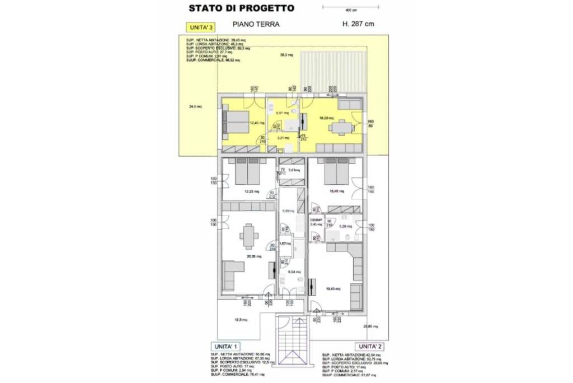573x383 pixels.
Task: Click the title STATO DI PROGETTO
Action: coord(241,8)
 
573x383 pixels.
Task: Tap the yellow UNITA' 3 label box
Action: coord(200,27)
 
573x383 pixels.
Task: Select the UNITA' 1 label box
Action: coord(225,346)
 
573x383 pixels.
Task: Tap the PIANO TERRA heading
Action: coord(256,25)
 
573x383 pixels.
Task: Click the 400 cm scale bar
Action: coord(351,7)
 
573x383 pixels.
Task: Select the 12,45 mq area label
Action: coord(257,123)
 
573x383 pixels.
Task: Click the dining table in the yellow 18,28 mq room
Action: coord(341,128)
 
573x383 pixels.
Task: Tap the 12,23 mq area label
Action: coord(251,191)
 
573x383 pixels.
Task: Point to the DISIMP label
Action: coord(316,220)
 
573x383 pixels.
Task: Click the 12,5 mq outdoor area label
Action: coord(241,320)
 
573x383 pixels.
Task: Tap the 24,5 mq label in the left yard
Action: coord(195,106)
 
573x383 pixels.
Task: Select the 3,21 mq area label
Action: coord(283,137)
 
